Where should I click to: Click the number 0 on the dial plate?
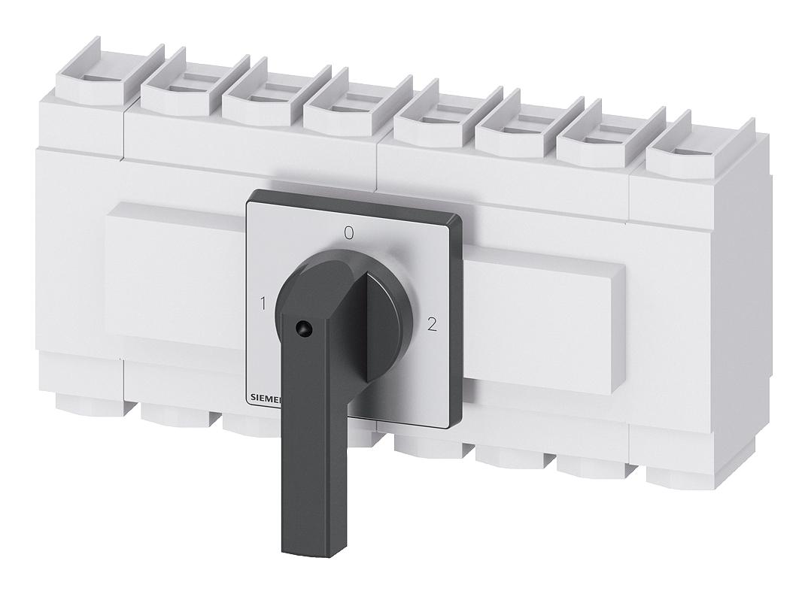click(348, 233)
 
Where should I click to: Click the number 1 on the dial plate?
click(263, 305)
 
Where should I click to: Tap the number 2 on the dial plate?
click(431, 325)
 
